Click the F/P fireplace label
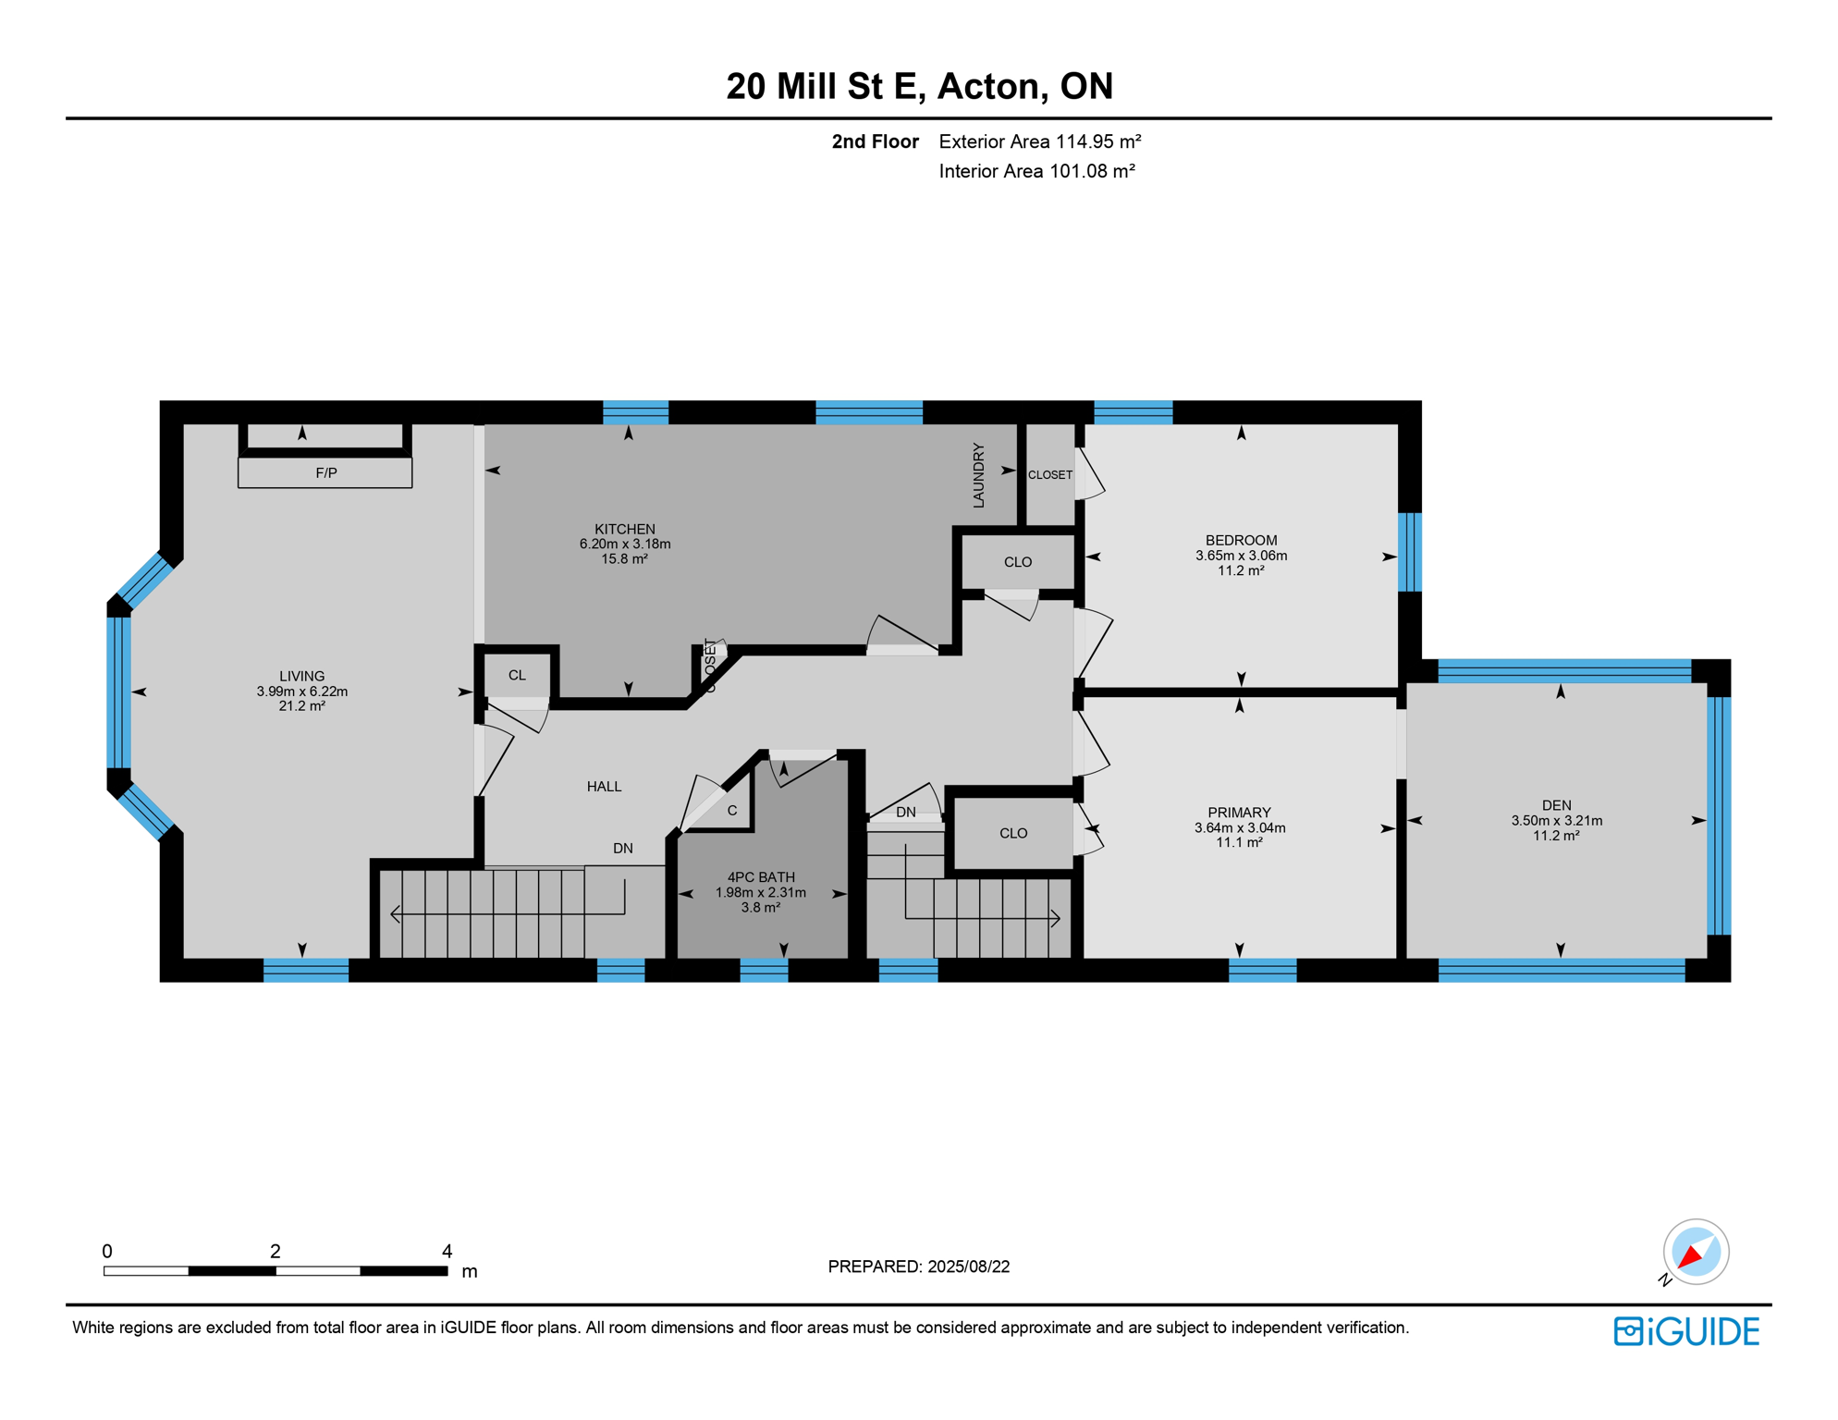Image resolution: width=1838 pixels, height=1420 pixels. click(x=325, y=473)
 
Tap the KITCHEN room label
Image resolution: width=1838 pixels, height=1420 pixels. click(x=625, y=529)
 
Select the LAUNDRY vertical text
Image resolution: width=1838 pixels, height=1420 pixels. click(x=978, y=475)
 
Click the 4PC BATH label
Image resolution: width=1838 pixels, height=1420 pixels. click(x=761, y=877)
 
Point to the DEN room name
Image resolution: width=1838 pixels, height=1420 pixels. click(x=1556, y=805)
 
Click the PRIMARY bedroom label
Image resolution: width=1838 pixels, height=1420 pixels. click(x=1239, y=813)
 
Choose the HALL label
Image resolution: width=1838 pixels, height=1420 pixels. click(x=604, y=787)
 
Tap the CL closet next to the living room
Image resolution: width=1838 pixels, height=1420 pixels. click(x=517, y=676)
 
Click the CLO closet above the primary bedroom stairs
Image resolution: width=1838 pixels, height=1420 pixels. click(x=1013, y=833)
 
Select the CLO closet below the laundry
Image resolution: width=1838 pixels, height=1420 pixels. click(x=1018, y=562)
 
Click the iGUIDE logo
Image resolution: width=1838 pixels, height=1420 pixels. click(x=1686, y=1331)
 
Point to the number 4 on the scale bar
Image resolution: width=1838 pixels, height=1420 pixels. click(x=447, y=1251)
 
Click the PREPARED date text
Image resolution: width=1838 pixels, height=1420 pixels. click(x=918, y=1267)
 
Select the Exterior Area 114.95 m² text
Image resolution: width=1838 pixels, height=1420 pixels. click(x=1039, y=141)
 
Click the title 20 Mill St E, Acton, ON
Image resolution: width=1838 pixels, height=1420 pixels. click(x=919, y=86)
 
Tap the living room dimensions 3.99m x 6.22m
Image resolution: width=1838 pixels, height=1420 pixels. click(x=302, y=692)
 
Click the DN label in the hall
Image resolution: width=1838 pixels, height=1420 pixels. click(x=623, y=848)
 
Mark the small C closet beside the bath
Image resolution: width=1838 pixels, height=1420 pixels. click(x=731, y=811)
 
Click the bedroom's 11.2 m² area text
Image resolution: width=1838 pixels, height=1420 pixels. click(x=1240, y=570)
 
